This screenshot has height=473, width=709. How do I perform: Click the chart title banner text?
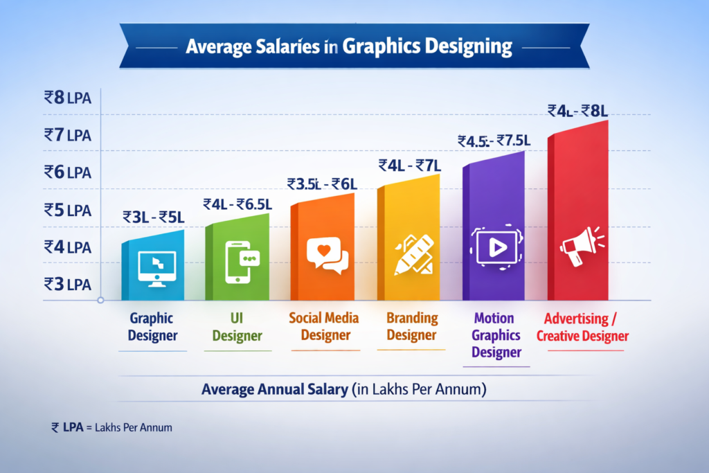350,47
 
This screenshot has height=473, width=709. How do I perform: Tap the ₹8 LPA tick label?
68,98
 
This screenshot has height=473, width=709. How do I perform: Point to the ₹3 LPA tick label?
68,283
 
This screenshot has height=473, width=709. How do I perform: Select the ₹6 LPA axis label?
68,172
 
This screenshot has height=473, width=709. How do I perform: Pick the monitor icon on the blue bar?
156,267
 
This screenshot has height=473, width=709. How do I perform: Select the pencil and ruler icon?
413,253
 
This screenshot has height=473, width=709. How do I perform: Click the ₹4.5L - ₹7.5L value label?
494,141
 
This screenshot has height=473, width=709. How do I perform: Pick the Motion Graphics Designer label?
494,335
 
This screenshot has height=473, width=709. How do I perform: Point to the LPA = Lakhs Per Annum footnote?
111,427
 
